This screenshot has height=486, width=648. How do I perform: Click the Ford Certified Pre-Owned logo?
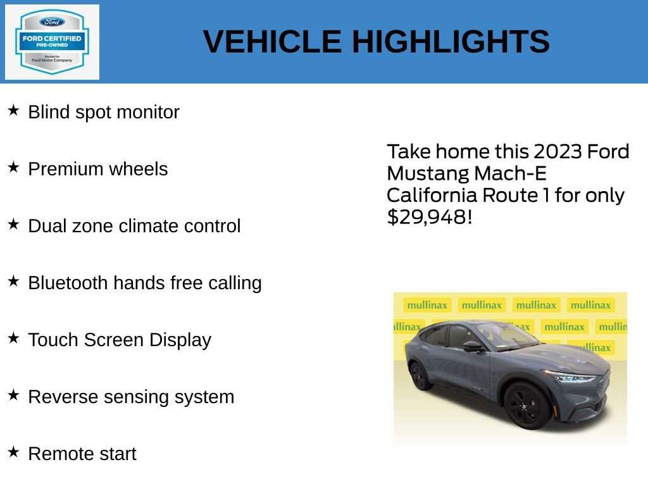click(52, 42)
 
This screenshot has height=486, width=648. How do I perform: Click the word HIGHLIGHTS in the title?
click(451, 42)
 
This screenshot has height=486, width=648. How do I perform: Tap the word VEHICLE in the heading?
click(272, 42)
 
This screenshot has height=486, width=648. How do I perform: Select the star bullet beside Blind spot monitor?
click(13, 111)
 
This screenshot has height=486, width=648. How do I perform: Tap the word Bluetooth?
click(68, 283)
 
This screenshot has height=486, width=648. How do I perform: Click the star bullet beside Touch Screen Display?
click(13, 339)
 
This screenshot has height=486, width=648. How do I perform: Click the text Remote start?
click(82, 454)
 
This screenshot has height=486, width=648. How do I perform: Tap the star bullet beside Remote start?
click(13, 452)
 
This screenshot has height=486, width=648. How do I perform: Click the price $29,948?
click(429, 217)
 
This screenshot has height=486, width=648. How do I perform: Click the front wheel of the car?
click(527, 406)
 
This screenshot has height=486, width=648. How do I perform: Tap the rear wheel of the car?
click(420, 376)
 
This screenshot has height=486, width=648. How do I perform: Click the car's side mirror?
click(472, 346)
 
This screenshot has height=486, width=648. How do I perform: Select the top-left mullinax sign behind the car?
click(427, 305)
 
